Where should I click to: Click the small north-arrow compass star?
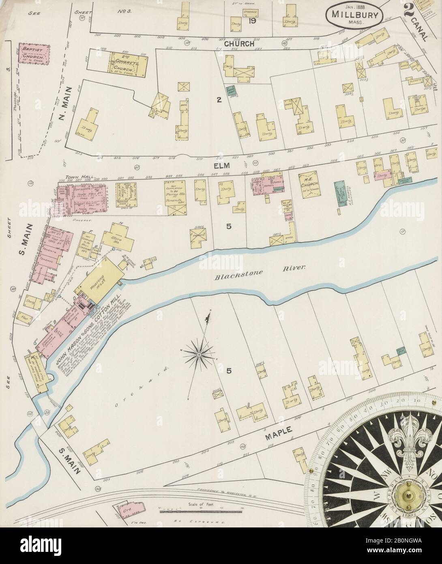tap(199, 354)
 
